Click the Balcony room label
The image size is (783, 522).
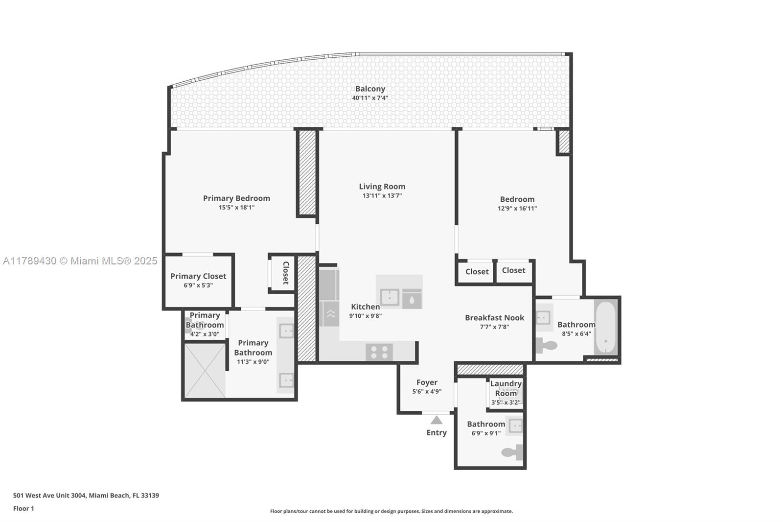(x=370, y=89)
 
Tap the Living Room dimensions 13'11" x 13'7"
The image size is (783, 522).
(x=382, y=196)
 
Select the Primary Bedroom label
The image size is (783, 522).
(x=236, y=198)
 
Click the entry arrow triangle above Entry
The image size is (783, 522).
(x=437, y=420)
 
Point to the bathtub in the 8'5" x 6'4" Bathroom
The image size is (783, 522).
(x=606, y=327)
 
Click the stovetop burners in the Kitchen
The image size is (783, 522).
(x=379, y=352)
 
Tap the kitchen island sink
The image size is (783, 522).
(x=390, y=297)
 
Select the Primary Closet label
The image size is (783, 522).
(x=198, y=276)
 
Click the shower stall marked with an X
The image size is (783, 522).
(x=205, y=371)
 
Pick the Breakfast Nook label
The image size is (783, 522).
(x=494, y=318)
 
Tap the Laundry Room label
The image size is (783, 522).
(x=506, y=388)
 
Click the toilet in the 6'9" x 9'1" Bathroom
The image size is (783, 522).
(x=513, y=452)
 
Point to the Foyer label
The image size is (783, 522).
(x=427, y=382)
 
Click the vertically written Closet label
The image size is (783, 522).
(x=286, y=273)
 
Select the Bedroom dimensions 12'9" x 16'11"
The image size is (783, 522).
(x=517, y=209)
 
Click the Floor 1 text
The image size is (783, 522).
(x=23, y=508)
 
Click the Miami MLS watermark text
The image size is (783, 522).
(x=80, y=261)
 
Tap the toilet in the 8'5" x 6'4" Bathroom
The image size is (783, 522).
(x=546, y=346)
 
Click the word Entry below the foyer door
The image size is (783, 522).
(x=437, y=433)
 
